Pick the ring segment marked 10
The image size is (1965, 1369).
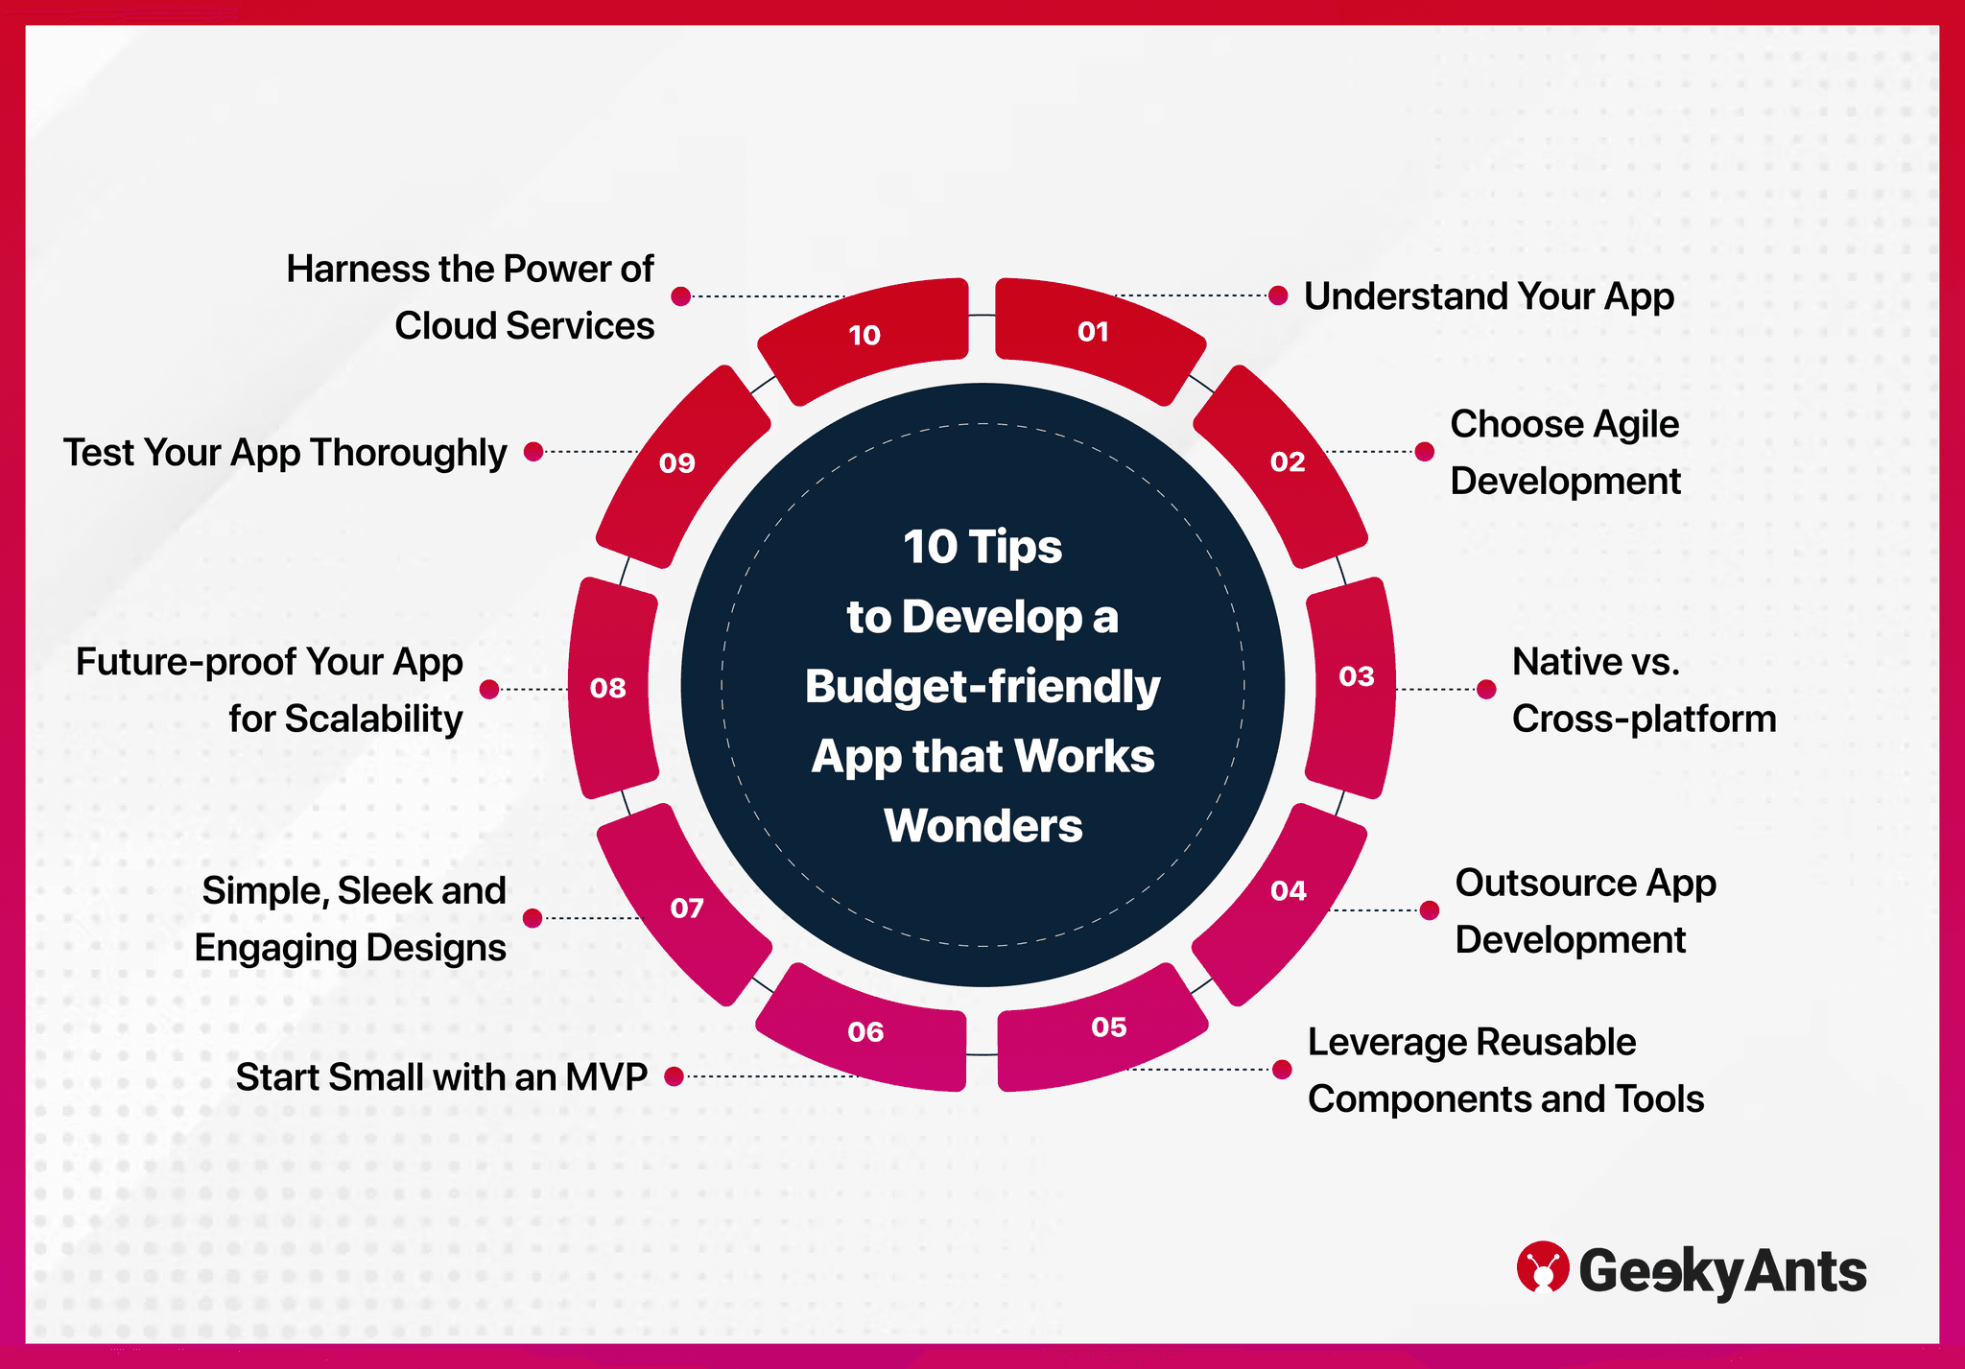(x=866, y=338)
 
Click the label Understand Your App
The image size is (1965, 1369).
(x=1488, y=296)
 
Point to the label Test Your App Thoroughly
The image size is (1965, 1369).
(x=285, y=453)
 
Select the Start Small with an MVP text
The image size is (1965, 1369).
(x=441, y=1077)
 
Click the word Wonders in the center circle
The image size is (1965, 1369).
(x=982, y=826)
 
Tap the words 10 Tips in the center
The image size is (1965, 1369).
(x=982, y=547)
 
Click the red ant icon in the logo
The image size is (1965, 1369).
(x=1542, y=1267)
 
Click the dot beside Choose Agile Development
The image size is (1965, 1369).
(x=1425, y=451)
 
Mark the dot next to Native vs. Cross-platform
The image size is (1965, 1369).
(x=1486, y=689)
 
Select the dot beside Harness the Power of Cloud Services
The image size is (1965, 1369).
(x=681, y=296)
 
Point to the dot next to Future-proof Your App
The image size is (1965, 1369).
(x=489, y=689)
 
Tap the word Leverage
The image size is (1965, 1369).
(x=1385, y=1042)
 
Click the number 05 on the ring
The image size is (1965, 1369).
(x=1108, y=1027)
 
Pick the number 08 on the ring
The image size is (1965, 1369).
(x=608, y=688)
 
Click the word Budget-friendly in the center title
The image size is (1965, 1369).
(x=982, y=687)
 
